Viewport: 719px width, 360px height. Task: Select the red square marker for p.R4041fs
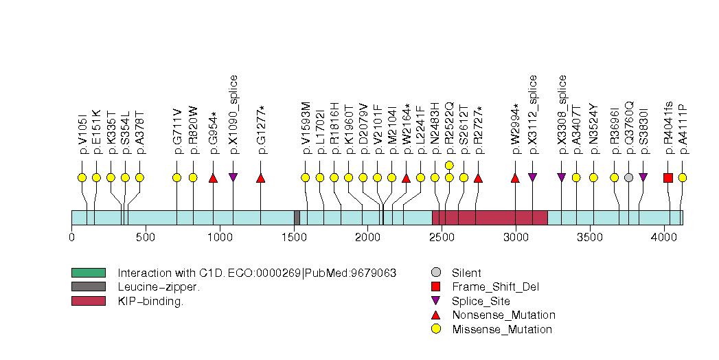(x=668, y=178)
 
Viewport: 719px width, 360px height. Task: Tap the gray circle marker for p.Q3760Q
(x=628, y=178)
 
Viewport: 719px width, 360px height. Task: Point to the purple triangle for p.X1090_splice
(x=233, y=178)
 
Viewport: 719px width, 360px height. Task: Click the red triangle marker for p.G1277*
(x=261, y=178)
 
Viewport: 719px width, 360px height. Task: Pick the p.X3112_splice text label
(x=533, y=114)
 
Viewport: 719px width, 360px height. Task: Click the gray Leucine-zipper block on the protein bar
(x=297, y=217)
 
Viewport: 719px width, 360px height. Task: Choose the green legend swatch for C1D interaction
(x=88, y=273)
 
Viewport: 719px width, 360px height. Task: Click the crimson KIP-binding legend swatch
(x=88, y=301)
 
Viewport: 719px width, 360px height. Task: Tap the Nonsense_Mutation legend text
(x=503, y=315)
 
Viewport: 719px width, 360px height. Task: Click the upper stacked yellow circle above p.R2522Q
(x=449, y=165)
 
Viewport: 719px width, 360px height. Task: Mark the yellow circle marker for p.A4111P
(x=683, y=178)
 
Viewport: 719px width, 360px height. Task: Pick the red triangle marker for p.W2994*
(x=515, y=178)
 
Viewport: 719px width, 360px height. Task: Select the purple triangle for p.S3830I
(x=643, y=178)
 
